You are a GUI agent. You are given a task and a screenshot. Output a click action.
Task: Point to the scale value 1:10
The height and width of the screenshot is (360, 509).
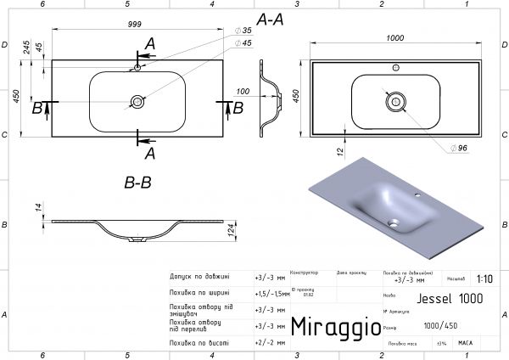tap(484, 278)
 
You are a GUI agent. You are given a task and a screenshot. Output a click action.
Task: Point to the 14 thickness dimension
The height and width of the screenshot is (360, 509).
tap(39, 209)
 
